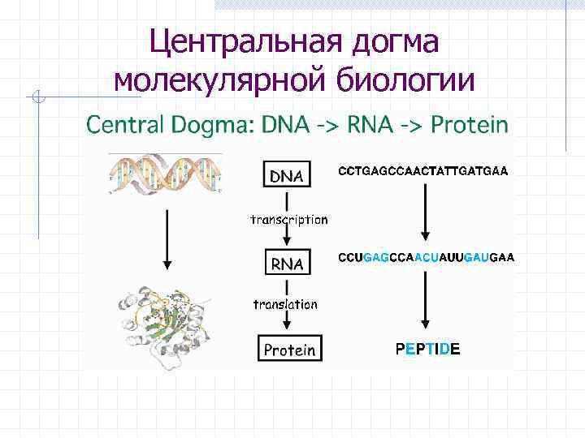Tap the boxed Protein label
(x=288, y=350)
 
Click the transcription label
(x=288, y=219)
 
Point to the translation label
(x=285, y=304)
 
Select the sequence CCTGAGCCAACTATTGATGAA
(x=422, y=171)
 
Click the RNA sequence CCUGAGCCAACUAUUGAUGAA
(x=426, y=257)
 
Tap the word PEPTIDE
(x=427, y=349)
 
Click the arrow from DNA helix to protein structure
(x=167, y=239)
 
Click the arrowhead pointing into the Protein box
(x=285, y=328)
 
